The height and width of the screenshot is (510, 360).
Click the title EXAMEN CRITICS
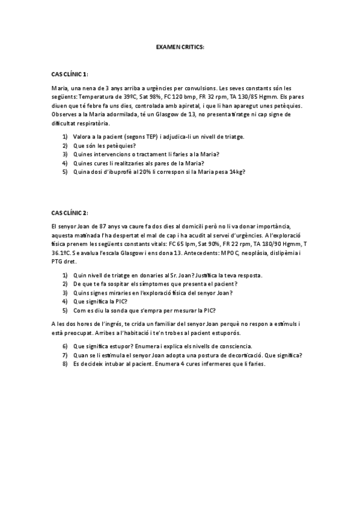180,46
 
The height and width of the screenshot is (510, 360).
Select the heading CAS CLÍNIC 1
70,74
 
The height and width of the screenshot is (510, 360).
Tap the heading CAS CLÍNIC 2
70,212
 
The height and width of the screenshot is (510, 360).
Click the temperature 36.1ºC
63,253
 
